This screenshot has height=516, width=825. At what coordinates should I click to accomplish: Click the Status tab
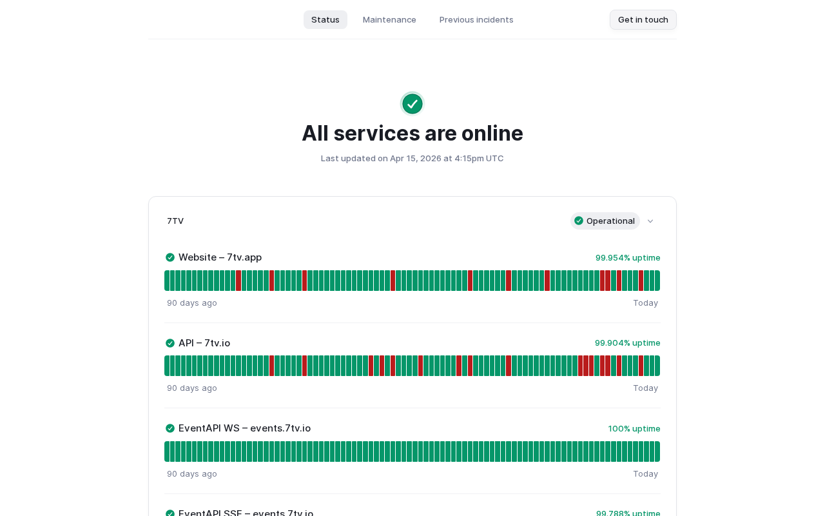(325, 19)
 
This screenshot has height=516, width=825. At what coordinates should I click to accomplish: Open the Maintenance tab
(389, 19)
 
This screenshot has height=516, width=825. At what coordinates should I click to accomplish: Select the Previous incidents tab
(476, 19)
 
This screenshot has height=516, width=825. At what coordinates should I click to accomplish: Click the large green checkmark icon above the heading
(412, 104)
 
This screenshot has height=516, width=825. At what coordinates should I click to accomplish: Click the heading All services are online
(412, 133)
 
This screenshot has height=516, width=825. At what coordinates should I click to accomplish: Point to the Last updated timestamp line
(412, 158)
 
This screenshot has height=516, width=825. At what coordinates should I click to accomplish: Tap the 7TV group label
(175, 221)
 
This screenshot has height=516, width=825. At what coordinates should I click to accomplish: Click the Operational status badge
(605, 221)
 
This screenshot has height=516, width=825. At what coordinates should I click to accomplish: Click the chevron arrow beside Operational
(650, 221)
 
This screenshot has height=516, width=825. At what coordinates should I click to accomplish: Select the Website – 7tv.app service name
(220, 257)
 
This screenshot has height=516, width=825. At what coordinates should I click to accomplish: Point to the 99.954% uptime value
(628, 257)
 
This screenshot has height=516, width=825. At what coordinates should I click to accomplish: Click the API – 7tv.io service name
(204, 343)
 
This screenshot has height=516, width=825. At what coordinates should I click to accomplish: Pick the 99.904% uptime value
(628, 343)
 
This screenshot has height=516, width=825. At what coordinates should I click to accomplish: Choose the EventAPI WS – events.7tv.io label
(244, 428)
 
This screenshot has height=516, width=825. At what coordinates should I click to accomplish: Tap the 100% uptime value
(634, 428)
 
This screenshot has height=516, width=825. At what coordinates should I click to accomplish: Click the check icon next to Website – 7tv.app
(170, 257)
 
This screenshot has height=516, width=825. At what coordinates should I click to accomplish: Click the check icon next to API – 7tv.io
(170, 343)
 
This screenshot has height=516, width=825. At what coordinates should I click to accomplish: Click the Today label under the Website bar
(645, 303)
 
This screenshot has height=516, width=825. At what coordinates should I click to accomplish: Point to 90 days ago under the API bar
(192, 388)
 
